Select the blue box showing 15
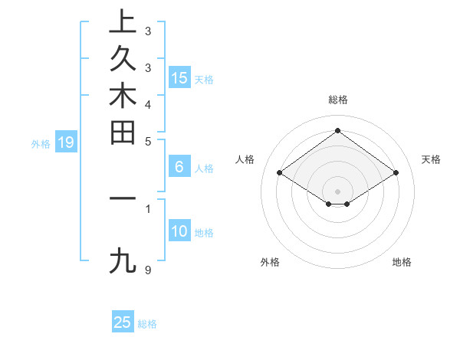click(x=179, y=77)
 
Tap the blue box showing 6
click(x=179, y=167)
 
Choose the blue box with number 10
click(x=179, y=231)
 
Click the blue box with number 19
click(x=66, y=142)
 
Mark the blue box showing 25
click(x=123, y=322)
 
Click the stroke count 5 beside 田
click(x=147, y=141)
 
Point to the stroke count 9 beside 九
click(x=147, y=270)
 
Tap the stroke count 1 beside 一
click(x=147, y=208)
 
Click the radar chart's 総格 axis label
click(x=337, y=100)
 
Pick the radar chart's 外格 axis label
click(x=270, y=262)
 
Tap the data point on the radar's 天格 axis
click(x=396, y=173)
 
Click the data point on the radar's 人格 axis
click(x=280, y=173)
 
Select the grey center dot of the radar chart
click(x=337, y=191)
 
